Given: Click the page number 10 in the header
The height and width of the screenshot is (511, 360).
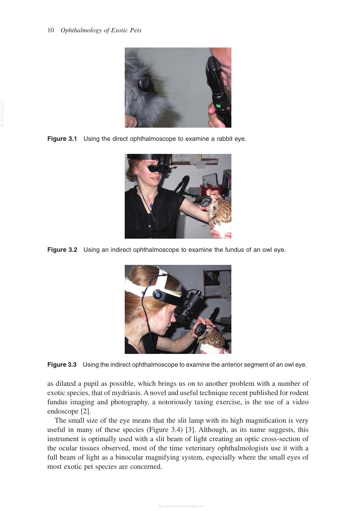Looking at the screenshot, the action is [x=51, y=30].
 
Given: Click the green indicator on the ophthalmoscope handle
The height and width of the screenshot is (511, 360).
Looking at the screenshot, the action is [x=218, y=106].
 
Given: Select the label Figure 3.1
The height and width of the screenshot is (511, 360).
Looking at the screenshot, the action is [x=62, y=139].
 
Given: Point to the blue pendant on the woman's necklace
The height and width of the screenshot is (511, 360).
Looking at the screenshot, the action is [x=151, y=206].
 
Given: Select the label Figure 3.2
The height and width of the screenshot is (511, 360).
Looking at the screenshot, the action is [x=62, y=250].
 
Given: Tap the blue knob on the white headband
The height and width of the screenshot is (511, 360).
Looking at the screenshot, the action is [x=157, y=295].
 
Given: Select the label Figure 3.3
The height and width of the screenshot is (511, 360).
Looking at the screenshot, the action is [x=62, y=365].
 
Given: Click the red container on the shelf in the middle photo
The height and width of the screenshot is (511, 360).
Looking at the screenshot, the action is [x=210, y=189].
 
